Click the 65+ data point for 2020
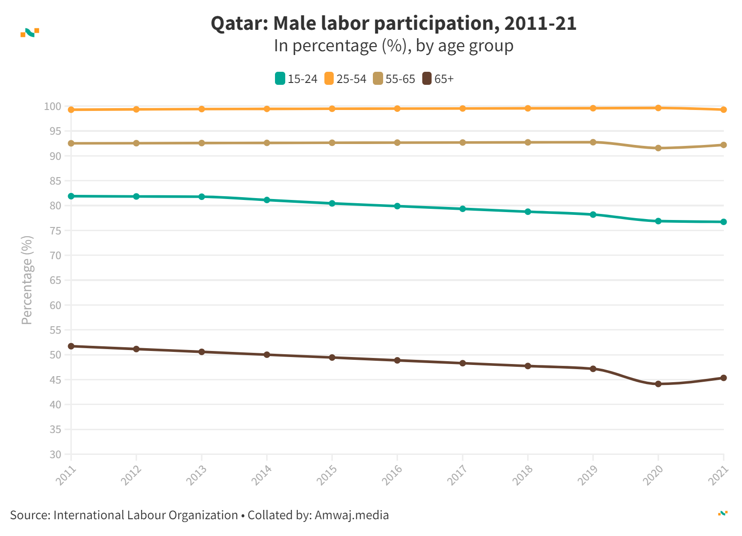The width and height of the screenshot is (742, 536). click(x=658, y=384)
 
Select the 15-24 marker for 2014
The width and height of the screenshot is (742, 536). click(x=267, y=200)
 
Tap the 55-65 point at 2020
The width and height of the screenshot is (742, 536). click(x=658, y=148)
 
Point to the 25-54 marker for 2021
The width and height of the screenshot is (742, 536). click(x=723, y=110)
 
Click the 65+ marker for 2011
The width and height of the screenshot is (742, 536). click(x=71, y=346)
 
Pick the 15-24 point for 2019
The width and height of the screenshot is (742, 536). click(x=593, y=215)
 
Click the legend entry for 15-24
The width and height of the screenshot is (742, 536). click(x=296, y=79)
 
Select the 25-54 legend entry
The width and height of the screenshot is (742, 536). click(x=345, y=79)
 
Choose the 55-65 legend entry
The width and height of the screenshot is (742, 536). click(x=394, y=79)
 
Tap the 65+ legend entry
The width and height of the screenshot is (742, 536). click(x=438, y=79)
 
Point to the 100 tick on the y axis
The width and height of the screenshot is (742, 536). click(x=53, y=107)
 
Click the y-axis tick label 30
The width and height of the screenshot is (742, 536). click(x=55, y=454)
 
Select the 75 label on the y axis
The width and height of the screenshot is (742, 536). click(x=55, y=231)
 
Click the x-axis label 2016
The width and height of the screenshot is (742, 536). click(x=392, y=475)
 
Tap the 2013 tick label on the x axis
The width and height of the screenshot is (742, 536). click(x=196, y=475)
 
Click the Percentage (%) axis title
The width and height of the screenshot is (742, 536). click(x=27, y=280)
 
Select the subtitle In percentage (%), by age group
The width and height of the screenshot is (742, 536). click(x=393, y=46)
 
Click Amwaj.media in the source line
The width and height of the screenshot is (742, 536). click(x=351, y=515)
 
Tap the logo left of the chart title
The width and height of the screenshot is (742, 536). click(x=30, y=33)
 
